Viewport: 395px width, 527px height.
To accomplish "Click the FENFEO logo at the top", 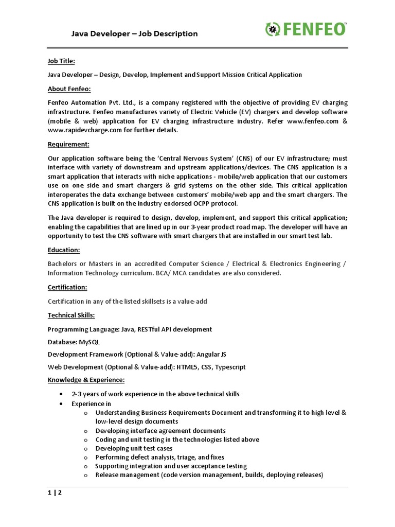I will (306, 29).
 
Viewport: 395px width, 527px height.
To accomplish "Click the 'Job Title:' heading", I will (61, 61).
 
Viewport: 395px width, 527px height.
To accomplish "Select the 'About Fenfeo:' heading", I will (69, 89).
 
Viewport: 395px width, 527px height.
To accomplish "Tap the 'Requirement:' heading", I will (68, 144).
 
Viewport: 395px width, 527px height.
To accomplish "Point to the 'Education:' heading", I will (64, 250).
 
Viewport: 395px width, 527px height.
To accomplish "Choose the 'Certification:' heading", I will (67, 287).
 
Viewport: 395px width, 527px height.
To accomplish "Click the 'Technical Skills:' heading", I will (71, 315).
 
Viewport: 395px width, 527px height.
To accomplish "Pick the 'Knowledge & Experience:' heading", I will (86, 380).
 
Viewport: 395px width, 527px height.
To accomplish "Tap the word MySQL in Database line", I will (89, 342).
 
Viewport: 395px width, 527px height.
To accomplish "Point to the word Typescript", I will (230, 367).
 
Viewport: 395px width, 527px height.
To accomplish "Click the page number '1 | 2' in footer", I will (55, 493).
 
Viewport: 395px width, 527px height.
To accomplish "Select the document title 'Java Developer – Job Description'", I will (134, 34).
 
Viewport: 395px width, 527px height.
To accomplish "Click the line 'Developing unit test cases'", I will (134, 448).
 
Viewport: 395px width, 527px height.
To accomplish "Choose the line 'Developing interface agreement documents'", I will (160, 431).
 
